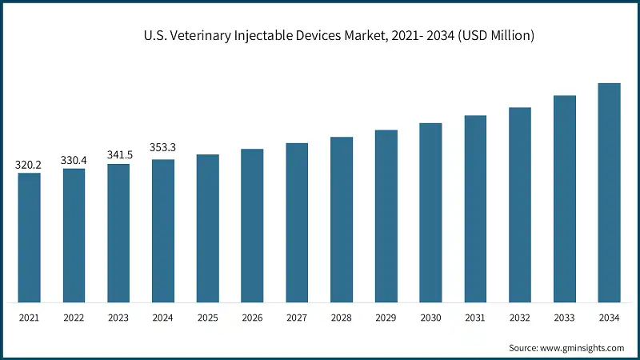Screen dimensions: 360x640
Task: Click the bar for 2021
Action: [30, 238]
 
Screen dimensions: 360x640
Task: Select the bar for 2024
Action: [163, 231]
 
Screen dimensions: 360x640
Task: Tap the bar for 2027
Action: [297, 223]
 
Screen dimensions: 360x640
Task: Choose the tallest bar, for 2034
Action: [610, 193]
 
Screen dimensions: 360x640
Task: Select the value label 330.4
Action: [74, 161]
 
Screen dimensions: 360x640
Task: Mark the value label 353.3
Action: [163, 148]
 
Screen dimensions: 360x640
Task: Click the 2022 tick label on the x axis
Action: [74, 318]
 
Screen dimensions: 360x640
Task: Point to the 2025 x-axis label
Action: [208, 318]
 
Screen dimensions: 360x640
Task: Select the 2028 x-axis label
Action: [342, 318]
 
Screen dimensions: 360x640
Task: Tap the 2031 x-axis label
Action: [475, 318]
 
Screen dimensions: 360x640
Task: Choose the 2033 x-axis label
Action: [565, 318]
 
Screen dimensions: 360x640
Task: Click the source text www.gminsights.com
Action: [582, 348]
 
